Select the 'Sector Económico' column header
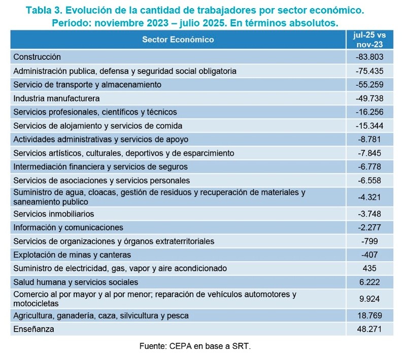(x=178, y=40)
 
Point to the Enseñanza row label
(x=33, y=330)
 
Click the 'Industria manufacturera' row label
(x=56, y=98)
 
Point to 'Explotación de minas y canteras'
(x=72, y=255)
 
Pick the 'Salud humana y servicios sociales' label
(x=76, y=282)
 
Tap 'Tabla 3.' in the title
(x=44, y=10)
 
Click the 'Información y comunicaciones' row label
(x=68, y=227)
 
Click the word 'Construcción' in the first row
(x=37, y=57)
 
